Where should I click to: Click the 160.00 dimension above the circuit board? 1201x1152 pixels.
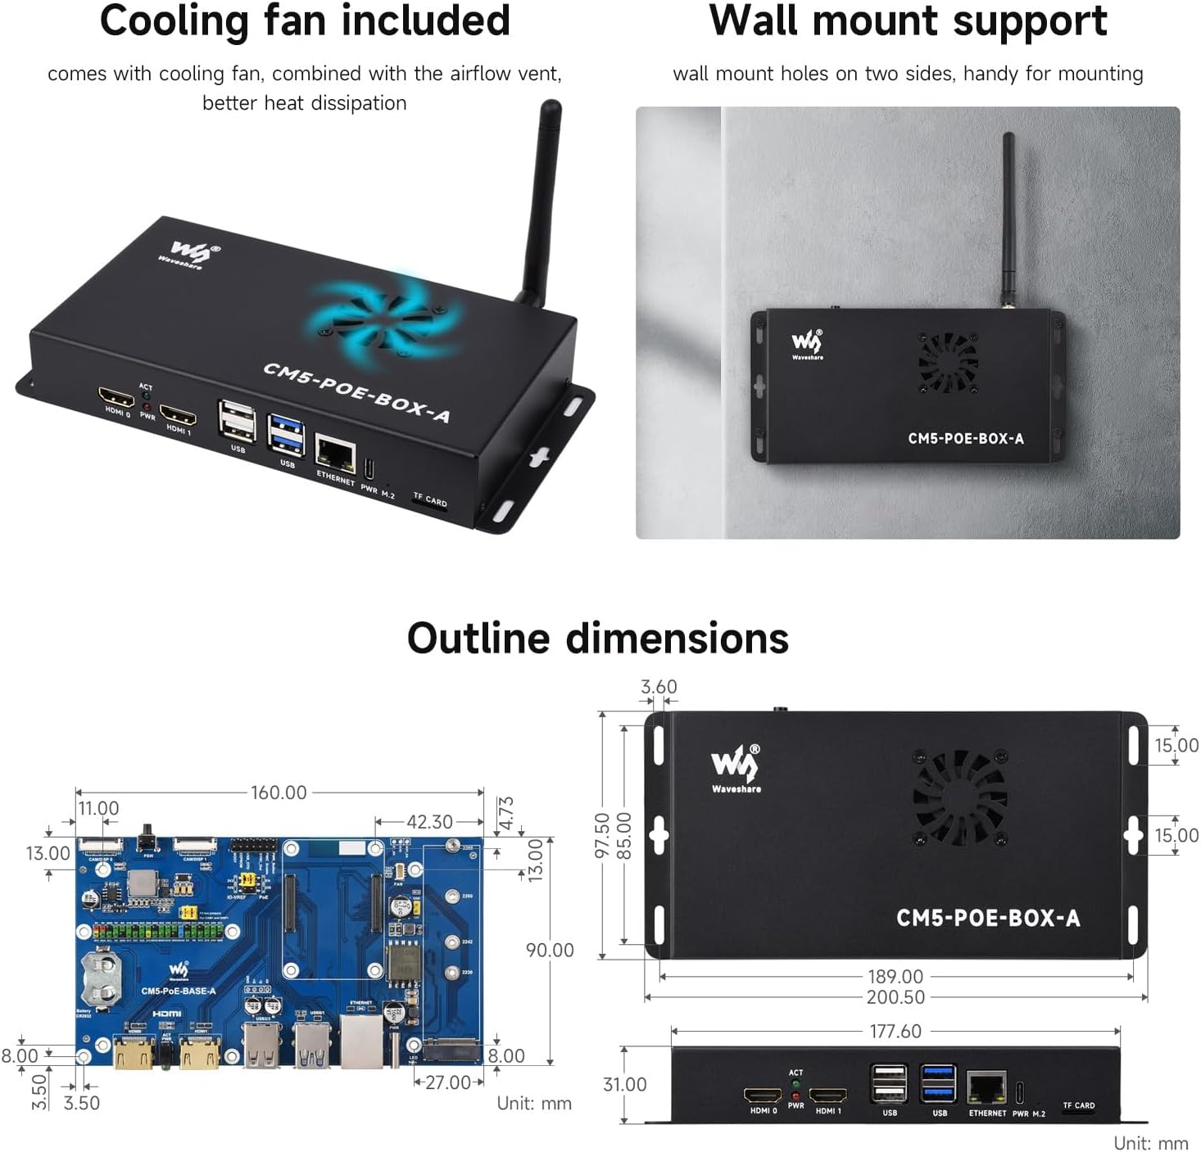tap(279, 793)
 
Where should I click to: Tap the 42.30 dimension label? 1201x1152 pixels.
tap(429, 821)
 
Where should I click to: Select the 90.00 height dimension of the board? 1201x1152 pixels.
tap(550, 950)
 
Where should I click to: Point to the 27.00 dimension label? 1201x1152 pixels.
tap(448, 1082)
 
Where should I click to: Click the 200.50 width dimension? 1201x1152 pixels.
tap(895, 997)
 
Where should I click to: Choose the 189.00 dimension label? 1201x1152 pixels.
tap(895, 976)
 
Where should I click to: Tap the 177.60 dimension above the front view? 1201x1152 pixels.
tap(895, 1031)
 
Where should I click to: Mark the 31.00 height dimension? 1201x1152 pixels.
tap(624, 1084)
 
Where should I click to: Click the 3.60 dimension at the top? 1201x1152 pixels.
tap(659, 686)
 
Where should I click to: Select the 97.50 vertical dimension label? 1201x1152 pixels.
tap(602, 835)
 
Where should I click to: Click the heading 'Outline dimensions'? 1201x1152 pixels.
tap(597, 638)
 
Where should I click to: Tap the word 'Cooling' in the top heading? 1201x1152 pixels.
tap(174, 21)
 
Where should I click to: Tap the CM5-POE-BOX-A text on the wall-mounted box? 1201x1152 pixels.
tap(965, 438)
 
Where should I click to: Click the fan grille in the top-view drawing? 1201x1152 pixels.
tap(960, 797)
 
